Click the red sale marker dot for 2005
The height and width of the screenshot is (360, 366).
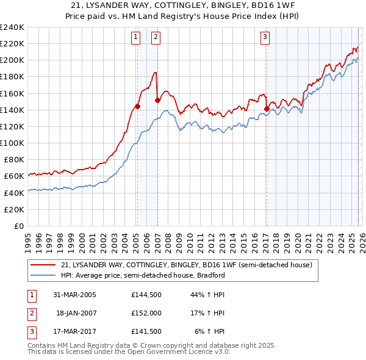coord(137,106)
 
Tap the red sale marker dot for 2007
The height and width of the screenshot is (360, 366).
coord(157,100)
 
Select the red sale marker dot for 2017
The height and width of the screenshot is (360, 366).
coord(267,109)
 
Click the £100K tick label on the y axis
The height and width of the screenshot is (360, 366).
coord(12,143)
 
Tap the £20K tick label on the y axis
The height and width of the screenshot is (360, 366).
coord(13,209)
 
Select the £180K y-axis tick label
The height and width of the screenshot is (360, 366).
coord(12,77)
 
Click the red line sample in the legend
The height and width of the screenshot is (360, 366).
coord(44,265)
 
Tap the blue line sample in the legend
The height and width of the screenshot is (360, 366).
coord(44,275)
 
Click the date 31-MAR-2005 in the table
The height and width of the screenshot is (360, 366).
coord(75,295)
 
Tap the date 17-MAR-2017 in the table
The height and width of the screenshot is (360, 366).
coord(75,331)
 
